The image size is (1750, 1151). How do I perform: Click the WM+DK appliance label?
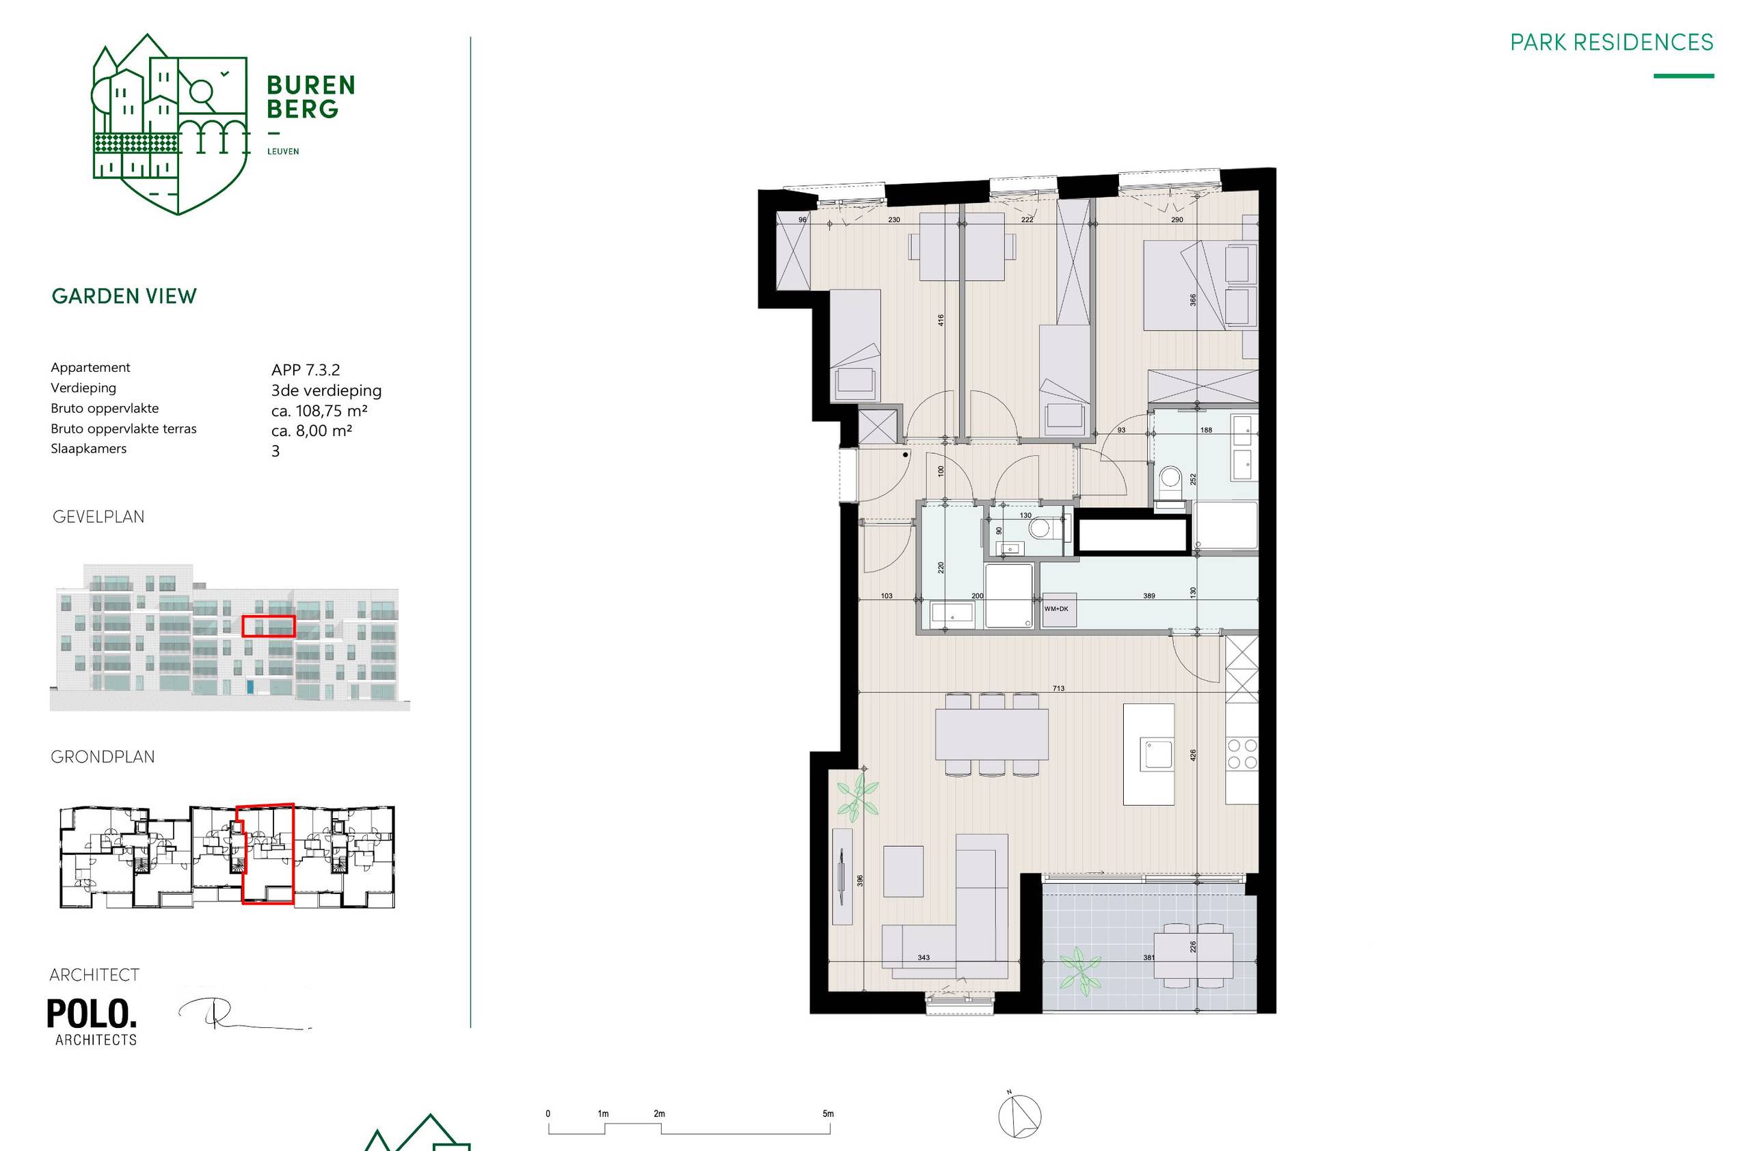click(x=1056, y=608)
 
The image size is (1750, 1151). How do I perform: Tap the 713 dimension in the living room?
click(x=1058, y=689)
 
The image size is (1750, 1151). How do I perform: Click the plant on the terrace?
click(x=1079, y=971)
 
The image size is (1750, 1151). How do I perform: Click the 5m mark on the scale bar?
click(x=828, y=1114)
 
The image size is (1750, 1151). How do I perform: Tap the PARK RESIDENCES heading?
click(x=1611, y=42)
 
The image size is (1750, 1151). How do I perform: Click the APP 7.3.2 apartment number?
click(x=305, y=370)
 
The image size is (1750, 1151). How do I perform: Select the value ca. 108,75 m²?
click(x=319, y=411)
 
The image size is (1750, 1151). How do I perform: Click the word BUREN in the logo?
click(x=310, y=85)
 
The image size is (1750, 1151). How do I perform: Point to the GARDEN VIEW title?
click(x=124, y=296)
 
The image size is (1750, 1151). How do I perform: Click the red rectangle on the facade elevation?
click(x=269, y=626)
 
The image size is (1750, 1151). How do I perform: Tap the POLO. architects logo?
click(x=92, y=1021)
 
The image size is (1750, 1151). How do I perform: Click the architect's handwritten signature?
click(x=235, y=1014)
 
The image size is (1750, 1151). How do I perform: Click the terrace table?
click(x=1193, y=956)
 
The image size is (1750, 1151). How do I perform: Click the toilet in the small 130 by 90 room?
click(x=1040, y=528)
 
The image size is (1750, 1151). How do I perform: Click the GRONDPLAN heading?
click(x=103, y=757)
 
